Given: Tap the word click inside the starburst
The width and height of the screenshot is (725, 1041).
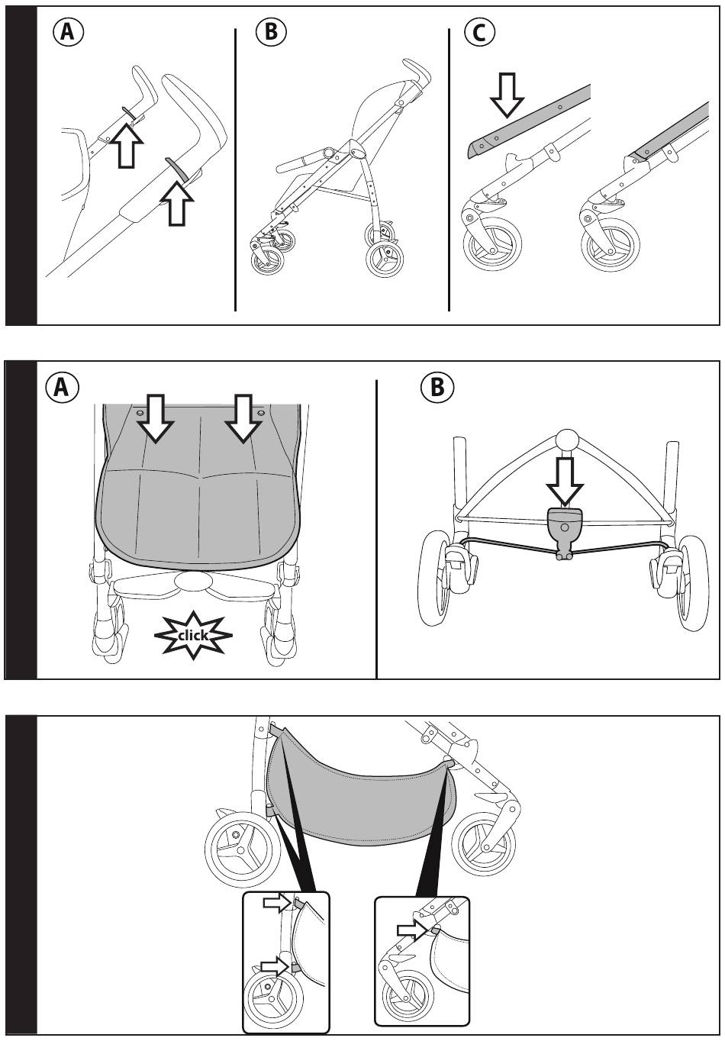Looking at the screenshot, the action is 193,635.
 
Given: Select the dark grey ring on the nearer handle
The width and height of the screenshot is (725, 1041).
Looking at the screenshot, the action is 176,168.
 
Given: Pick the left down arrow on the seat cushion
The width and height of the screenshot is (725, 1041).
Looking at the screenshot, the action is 156,418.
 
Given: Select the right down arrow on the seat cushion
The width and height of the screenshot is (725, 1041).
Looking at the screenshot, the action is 243,418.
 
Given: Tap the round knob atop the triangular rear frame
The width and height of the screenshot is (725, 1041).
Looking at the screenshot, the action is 567,440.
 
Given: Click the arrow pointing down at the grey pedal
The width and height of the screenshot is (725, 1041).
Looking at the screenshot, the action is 565,482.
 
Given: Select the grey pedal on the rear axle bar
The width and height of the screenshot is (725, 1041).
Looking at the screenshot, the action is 565,526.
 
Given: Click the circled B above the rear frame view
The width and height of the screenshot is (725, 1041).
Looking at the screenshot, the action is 437,388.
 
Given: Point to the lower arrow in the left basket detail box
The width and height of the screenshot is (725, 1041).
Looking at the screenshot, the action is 275,966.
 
